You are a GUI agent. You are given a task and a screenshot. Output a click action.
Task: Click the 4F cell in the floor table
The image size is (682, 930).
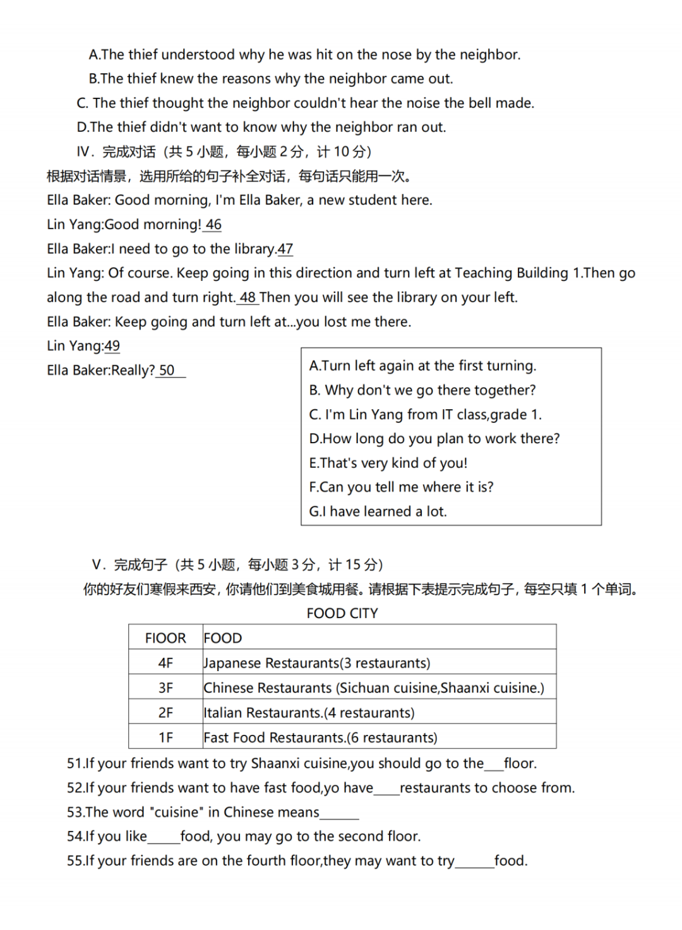pyautogui.click(x=165, y=663)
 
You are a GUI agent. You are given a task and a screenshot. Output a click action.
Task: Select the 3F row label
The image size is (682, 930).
pyautogui.click(x=165, y=688)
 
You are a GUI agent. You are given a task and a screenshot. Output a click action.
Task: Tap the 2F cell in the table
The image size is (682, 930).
pyautogui.click(x=165, y=713)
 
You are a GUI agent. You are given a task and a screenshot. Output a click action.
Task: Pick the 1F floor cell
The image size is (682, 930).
pyautogui.click(x=165, y=737)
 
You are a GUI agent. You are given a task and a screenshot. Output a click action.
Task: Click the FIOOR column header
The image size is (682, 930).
pyautogui.click(x=165, y=638)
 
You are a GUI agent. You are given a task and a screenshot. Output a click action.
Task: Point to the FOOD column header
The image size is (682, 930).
pyautogui.click(x=223, y=638)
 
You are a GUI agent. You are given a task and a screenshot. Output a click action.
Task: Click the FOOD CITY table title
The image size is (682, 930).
pyautogui.click(x=342, y=613)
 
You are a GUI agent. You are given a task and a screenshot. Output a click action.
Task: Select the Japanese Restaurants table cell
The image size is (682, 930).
pyautogui.click(x=317, y=663)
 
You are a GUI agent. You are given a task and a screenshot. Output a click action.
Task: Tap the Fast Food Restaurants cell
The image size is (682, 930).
pyautogui.click(x=320, y=737)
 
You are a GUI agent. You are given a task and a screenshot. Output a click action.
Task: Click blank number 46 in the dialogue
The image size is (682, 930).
pyautogui.click(x=213, y=225)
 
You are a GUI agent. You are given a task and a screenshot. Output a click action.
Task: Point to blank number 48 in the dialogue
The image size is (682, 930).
pyautogui.click(x=248, y=297)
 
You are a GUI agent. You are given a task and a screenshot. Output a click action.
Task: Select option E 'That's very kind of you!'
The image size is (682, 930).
pyautogui.click(x=388, y=463)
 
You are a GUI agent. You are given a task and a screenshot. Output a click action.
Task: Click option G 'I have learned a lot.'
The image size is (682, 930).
pyautogui.click(x=378, y=511)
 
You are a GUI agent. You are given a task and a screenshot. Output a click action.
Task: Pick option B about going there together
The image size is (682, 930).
pyautogui.click(x=422, y=390)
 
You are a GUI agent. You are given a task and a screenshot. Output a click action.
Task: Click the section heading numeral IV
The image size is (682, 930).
pyautogui.click(x=85, y=152)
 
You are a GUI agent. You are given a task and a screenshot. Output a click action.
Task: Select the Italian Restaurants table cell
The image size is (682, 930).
pyautogui.click(x=309, y=713)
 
